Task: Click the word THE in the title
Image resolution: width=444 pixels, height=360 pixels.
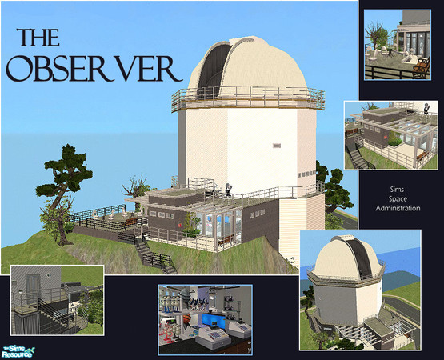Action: pos(38,38)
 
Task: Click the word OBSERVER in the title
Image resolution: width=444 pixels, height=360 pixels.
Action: pos(94,68)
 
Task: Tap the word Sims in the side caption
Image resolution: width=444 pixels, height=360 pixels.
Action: pos(397,190)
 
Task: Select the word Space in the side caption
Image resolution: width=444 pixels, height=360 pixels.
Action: pos(398,199)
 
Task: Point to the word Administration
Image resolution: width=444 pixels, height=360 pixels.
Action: pos(398,208)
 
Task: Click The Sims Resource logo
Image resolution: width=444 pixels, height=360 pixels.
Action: pos(18,351)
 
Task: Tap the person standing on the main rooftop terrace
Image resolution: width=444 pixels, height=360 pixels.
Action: pos(228,189)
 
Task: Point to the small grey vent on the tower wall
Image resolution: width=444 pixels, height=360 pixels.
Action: pos(277,146)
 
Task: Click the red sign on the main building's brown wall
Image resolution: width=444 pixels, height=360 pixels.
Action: pos(179,225)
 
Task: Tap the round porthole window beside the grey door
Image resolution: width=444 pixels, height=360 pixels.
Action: pos(49,274)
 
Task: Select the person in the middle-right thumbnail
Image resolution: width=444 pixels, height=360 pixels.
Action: pos(426,109)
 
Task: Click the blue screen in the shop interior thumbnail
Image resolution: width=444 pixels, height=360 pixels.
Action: pos(214,320)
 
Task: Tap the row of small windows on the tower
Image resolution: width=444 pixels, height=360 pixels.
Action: pos(306,173)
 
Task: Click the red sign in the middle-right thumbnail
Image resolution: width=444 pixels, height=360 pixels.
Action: pos(386,138)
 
